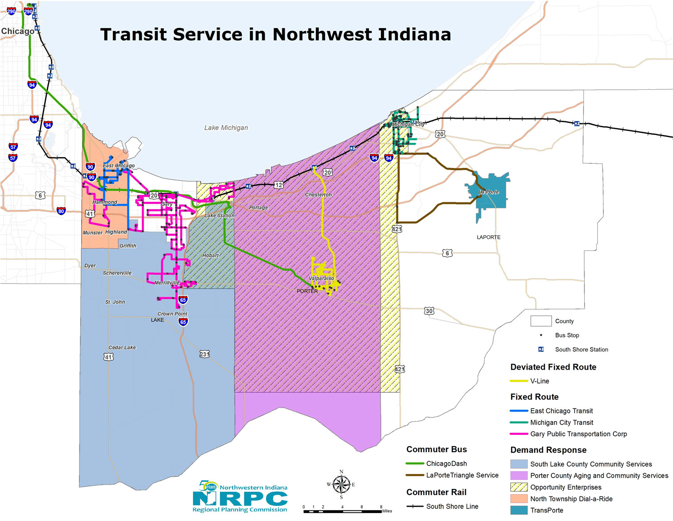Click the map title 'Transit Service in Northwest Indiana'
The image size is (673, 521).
pyautogui.click(x=275, y=34)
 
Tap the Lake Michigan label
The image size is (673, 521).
pyautogui.click(x=226, y=128)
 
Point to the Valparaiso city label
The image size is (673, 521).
pyautogui.click(x=321, y=278)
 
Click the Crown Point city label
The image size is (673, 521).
pyautogui.click(x=172, y=314)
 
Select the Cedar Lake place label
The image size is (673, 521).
pyautogui.click(x=122, y=347)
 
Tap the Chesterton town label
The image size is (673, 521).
pyautogui.click(x=318, y=195)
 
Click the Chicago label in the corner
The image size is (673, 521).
pyautogui.click(x=17, y=31)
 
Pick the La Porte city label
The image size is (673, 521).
pyautogui.click(x=489, y=192)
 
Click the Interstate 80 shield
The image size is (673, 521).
pyautogui.click(x=61, y=211)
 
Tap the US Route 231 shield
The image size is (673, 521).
pyautogui.click(x=204, y=354)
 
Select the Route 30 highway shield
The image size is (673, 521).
pyautogui.click(x=429, y=311)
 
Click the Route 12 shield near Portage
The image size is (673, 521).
pyautogui.click(x=278, y=185)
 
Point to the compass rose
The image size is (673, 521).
pyautogui.click(x=341, y=484)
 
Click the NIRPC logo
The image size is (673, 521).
pyautogui.click(x=240, y=497)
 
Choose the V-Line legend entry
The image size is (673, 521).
pyautogui.click(x=539, y=381)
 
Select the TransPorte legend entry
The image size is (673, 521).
pyautogui.click(x=546, y=510)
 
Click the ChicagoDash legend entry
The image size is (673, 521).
pyautogui.click(x=446, y=463)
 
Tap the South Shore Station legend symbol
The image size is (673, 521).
pyautogui.click(x=541, y=350)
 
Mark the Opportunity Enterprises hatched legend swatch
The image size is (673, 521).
pyautogui.click(x=519, y=487)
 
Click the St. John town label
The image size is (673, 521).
pyautogui.click(x=115, y=302)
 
